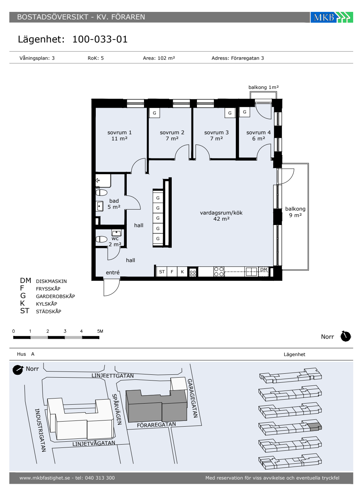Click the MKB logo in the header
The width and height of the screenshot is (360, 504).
click(332, 17)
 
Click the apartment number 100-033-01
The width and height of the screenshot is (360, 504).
click(100, 39)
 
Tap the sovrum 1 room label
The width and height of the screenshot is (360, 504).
click(120, 135)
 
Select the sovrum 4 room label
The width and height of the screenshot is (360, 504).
click(258, 135)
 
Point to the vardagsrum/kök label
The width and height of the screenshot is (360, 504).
click(221, 216)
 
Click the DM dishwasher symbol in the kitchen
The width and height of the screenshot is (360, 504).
click(264, 271)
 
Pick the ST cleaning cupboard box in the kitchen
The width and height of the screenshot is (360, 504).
click(162, 271)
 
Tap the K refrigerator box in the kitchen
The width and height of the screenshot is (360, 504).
click(182, 271)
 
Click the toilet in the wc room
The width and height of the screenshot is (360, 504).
click(101, 239)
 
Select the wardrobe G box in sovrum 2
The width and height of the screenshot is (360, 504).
click(154, 113)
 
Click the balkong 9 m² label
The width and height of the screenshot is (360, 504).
click(296, 212)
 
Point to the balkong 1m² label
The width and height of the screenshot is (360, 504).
click(264, 87)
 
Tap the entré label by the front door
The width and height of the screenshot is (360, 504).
click(112, 273)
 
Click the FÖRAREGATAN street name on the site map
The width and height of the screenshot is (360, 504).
click(156, 425)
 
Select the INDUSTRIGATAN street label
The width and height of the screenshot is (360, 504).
click(40, 430)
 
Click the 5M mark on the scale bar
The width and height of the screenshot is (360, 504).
click(100, 331)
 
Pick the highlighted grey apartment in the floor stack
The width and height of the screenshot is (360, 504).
click(315, 427)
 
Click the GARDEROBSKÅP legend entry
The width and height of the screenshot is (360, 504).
click(55, 296)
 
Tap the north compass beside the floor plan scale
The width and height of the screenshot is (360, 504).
click(346, 336)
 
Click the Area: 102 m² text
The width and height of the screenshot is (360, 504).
click(159, 58)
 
